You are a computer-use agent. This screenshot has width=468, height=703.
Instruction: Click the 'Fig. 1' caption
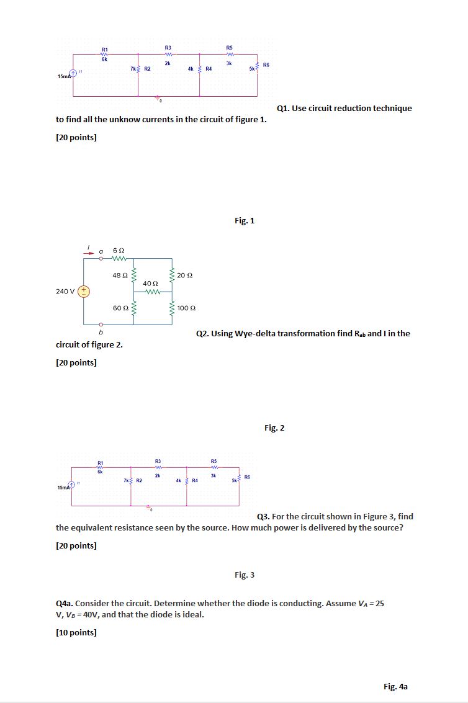coord(245,220)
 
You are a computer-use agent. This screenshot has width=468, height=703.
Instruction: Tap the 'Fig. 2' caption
coord(274,428)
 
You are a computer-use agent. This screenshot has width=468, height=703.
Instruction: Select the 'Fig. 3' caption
coord(245,575)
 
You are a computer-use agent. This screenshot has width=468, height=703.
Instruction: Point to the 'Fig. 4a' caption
coord(395,686)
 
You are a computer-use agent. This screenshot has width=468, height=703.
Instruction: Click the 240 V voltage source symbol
coord(84,291)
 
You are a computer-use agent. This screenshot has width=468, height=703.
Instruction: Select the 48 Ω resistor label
coord(120,275)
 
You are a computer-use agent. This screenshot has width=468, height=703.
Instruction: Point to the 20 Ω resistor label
coord(186,275)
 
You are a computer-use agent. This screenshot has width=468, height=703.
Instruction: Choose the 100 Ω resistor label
coord(187,308)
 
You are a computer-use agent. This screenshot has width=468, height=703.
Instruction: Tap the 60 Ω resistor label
coord(120,308)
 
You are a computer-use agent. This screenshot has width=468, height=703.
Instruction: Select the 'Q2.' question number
coord(202,333)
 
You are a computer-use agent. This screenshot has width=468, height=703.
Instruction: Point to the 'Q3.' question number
coord(263,516)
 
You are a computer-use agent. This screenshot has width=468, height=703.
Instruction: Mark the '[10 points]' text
coord(76,632)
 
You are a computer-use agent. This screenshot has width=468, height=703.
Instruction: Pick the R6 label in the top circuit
coord(266,65)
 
